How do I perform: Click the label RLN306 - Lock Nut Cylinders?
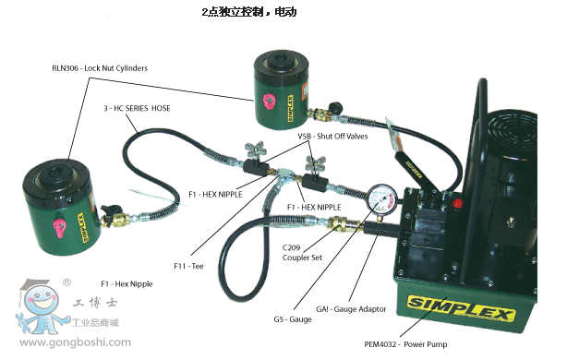click(x=100, y=68)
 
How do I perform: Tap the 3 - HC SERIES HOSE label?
click(x=137, y=108)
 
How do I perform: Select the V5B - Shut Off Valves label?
click(x=332, y=137)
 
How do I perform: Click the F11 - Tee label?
click(x=188, y=267)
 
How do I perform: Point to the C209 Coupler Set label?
click(x=302, y=253)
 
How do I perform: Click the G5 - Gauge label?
click(x=293, y=319)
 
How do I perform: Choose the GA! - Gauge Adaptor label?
click(x=351, y=309)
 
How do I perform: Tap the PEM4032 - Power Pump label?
click(x=405, y=344)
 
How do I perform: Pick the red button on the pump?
click(x=457, y=204)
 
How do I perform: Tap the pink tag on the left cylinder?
click(x=60, y=228)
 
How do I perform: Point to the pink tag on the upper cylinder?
click(x=269, y=102)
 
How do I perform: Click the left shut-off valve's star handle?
click(x=255, y=150)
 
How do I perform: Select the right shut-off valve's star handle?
click(x=315, y=163)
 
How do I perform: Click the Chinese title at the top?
click(x=249, y=12)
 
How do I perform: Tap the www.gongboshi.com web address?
click(x=75, y=342)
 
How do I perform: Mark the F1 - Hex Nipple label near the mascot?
click(x=127, y=284)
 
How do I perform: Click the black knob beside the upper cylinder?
click(x=335, y=107)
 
